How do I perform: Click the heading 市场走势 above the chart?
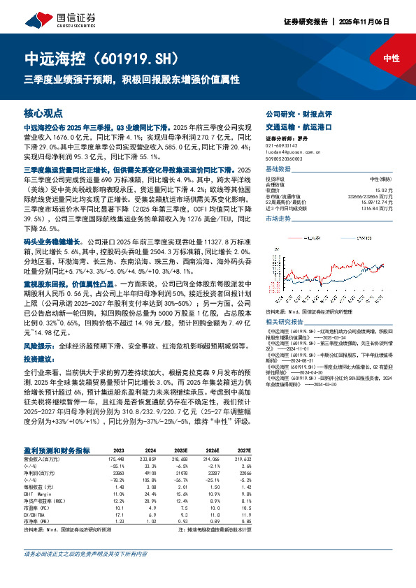(x=278, y=219)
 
